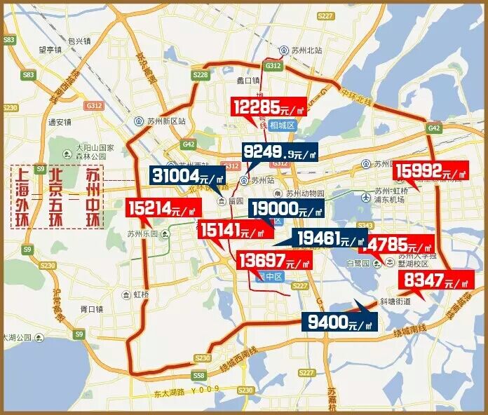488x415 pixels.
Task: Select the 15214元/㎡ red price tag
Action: (163, 208)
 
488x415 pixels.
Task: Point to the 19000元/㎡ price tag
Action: (287, 209)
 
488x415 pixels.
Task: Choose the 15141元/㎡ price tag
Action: (235, 229)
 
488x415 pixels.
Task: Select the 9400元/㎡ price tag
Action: (339, 322)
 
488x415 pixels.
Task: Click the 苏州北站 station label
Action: (306, 50)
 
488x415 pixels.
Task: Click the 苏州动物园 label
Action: (306, 193)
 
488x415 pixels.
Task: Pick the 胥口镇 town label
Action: (92, 308)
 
